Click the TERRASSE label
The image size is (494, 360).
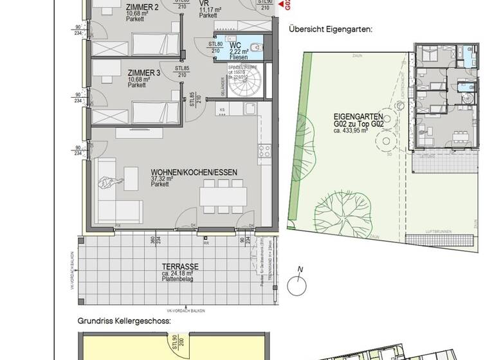(x=181, y=265)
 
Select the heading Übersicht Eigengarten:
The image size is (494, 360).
(x=331, y=30)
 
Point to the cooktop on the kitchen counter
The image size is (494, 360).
(x=264, y=151)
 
